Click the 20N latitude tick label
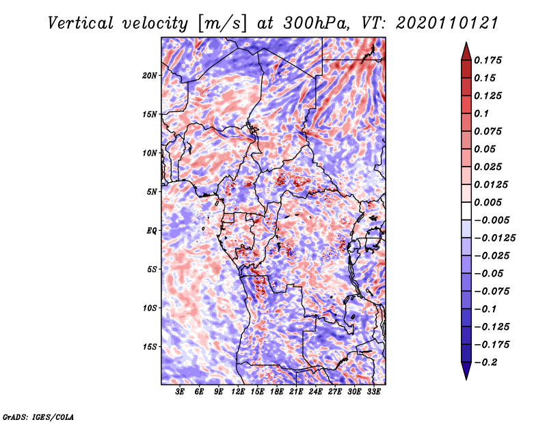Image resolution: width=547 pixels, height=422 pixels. tap(150, 75)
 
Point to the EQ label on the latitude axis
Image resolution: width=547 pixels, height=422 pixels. tap(151, 230)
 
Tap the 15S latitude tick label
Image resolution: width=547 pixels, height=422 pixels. tap(150, 347)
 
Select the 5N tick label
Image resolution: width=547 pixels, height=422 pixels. tap(152, 192)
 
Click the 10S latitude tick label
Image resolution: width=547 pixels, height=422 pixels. tap(150, 308)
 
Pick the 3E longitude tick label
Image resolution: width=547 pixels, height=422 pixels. tap(180, 392)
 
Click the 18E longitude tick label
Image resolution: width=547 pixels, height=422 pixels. tap(277, 392)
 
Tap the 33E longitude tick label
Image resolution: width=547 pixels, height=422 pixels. tap(373, 392)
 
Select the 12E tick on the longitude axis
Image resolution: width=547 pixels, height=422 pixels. tap(238, 392)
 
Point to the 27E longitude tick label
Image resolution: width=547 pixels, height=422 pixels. tap(335, 392)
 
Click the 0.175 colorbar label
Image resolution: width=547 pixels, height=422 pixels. tap(488, 60)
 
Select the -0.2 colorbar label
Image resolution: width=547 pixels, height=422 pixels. tap(485, 363)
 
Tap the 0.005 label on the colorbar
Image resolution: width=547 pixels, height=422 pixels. tap(488, 202)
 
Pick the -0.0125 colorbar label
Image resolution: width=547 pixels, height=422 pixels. tap(494, 238)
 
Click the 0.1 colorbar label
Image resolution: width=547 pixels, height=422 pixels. tap(481, 113)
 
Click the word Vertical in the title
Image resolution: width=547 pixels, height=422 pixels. tap(81, 23)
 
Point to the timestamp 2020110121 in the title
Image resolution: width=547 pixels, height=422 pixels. tap(447, 23)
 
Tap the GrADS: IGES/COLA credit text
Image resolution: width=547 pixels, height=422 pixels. tap(38, 417)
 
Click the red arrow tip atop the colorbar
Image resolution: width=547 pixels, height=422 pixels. tap(466, 43)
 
